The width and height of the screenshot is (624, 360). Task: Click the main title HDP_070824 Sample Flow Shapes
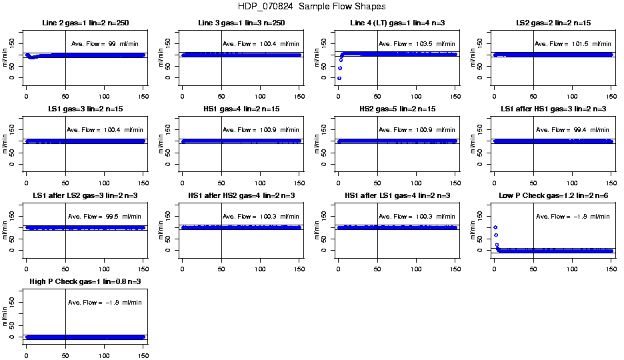311,7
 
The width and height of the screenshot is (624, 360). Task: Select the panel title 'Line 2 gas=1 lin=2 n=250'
85,23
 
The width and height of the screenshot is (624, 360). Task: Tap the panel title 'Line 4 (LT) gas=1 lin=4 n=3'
397,23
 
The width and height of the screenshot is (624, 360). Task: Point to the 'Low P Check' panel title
553,196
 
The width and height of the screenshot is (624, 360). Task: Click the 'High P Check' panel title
85,282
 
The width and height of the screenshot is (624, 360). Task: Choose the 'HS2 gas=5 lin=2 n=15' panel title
397,109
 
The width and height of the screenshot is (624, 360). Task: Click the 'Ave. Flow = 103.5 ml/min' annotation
417,44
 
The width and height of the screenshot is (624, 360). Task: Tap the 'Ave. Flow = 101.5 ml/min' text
573,44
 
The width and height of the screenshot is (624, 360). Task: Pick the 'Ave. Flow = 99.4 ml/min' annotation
573,130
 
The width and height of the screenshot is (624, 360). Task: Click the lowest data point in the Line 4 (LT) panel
339,78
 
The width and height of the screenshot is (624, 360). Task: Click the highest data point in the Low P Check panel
495,227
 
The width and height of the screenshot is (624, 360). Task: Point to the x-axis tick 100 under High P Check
104,347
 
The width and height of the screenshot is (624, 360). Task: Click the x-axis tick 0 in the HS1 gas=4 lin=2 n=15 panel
182,174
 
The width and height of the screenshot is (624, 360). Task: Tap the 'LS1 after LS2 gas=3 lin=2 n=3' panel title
85,196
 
